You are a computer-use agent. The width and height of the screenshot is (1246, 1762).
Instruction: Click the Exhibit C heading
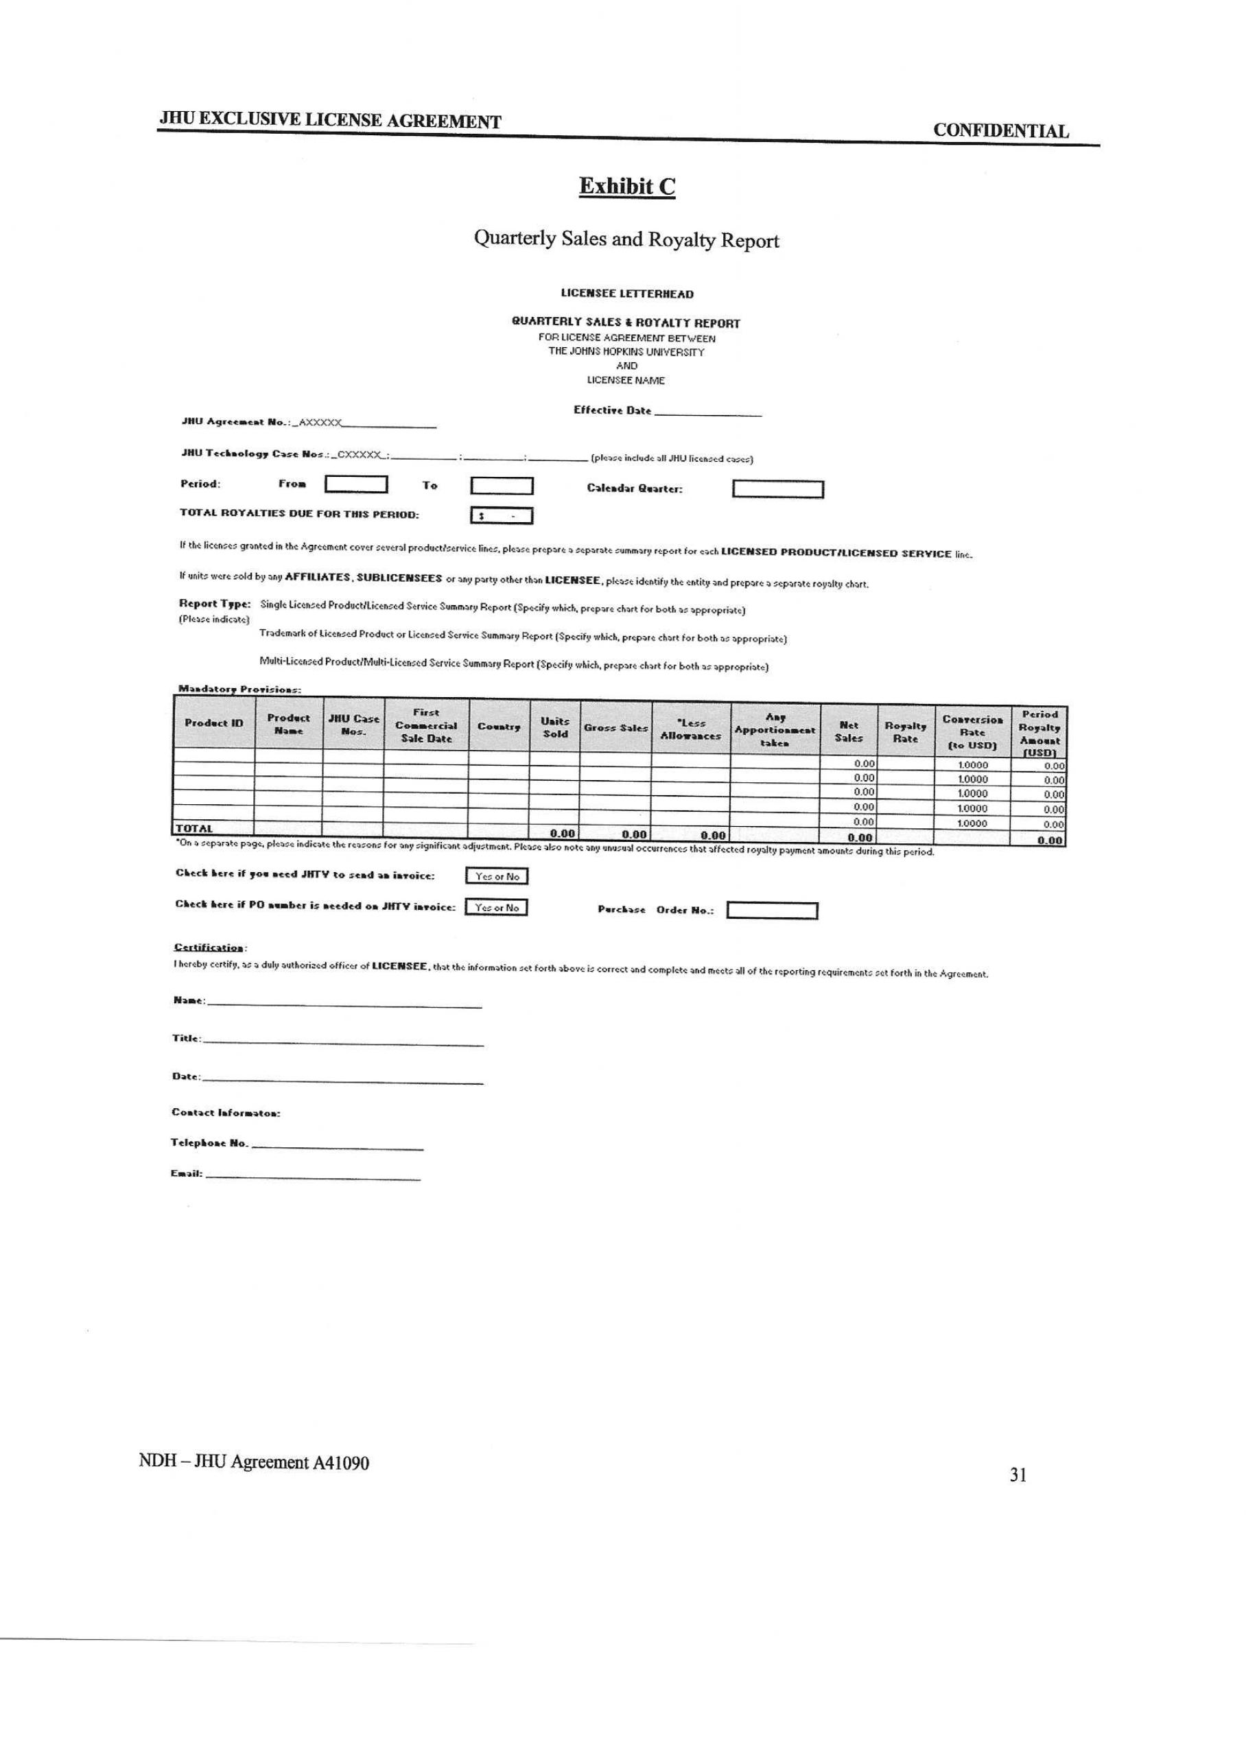pos(627,187)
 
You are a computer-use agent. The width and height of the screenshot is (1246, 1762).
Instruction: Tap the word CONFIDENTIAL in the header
pos(1000,130)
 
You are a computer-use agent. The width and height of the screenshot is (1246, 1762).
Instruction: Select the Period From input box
pos(356,485)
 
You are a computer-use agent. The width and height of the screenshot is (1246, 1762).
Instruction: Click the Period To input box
pos(502,486)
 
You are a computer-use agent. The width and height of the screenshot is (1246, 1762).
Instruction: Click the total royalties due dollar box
pos(502,516)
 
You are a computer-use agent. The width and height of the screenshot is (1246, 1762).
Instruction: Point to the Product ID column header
pos(214,723)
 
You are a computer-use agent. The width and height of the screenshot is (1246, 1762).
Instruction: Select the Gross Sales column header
pos(615,727)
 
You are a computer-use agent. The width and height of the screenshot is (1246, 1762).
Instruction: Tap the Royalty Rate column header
pos(906,732)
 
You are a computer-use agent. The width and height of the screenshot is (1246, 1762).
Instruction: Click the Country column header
pos(499,727)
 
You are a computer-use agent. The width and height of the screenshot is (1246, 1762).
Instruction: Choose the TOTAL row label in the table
pos(194,828)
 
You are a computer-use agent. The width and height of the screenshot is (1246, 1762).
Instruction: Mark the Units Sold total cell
pos(563,834)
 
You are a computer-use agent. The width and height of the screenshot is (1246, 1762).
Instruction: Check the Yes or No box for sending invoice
pos(497,876)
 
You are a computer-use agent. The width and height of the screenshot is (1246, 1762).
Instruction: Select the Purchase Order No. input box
pos(772,911)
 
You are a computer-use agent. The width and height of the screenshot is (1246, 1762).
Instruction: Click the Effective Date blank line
pos(707,413)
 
